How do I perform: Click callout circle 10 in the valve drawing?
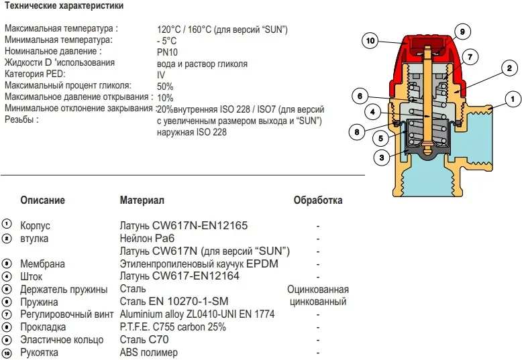tap(370, 41)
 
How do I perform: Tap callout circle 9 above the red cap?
tap(462, 32)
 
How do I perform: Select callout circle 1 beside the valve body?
tap(512, 100)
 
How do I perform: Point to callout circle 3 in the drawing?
tap(381, 158)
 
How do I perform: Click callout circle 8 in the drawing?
tap(358, 132)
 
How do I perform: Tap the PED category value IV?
tap(160, 75)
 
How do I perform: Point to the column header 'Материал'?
tap(142, 200)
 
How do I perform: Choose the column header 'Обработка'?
tap(318, 200)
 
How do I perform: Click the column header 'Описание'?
tap(43, 200)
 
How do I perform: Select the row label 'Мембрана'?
tap(43, 264)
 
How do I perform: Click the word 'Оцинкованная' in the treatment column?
tap(318, 290)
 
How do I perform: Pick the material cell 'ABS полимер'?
tap(149, 353)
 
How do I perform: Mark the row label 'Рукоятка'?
tap(40, 353)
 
